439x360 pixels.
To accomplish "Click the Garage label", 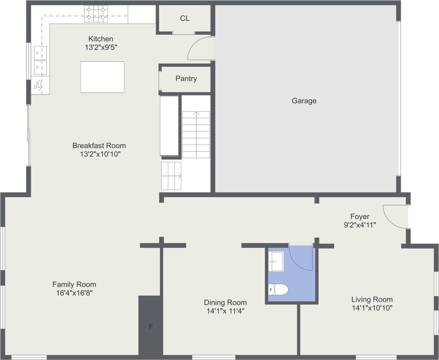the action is [304, 100].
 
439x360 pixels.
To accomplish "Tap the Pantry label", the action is [186, 78].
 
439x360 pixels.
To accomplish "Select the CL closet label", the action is [184, 18].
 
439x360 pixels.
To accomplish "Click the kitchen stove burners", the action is [96, 14].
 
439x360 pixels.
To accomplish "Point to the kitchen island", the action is [102, 77].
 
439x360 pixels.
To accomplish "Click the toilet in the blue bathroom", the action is [278, 289].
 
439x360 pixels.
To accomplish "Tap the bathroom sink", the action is [276, 261].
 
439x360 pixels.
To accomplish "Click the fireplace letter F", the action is [151, 327].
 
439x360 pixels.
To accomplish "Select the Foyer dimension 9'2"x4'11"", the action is [360, 225].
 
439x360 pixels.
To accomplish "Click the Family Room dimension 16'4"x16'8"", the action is [74, 293].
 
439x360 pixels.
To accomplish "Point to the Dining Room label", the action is [226, 302].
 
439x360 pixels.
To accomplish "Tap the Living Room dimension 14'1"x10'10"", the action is [372, 308].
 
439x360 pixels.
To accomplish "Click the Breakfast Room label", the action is [99, 146].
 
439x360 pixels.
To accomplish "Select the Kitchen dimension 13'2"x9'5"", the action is [101, 47].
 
